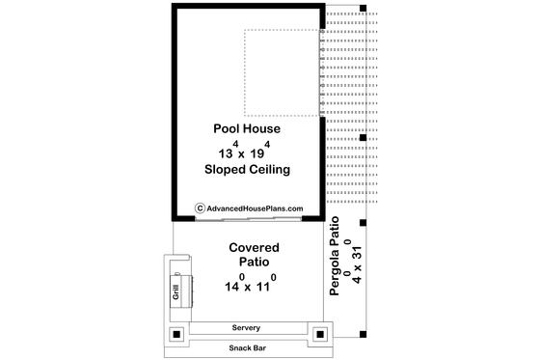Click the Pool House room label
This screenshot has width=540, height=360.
click(247, 127)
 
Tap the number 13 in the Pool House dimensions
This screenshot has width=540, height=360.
click(225, 152)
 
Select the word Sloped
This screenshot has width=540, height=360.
click(226, 170)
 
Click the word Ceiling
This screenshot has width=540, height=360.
click(271, 170)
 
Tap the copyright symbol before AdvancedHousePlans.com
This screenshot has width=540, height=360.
click(200, 208)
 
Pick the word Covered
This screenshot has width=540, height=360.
click(254, 247)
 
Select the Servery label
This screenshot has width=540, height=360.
click(248, 328)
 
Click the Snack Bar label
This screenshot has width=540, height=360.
click(248, 347)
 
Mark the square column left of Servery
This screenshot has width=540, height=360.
click(177, 336)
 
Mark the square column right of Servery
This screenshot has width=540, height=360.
click(319, 336)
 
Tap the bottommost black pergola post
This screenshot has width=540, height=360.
click(363, 333)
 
